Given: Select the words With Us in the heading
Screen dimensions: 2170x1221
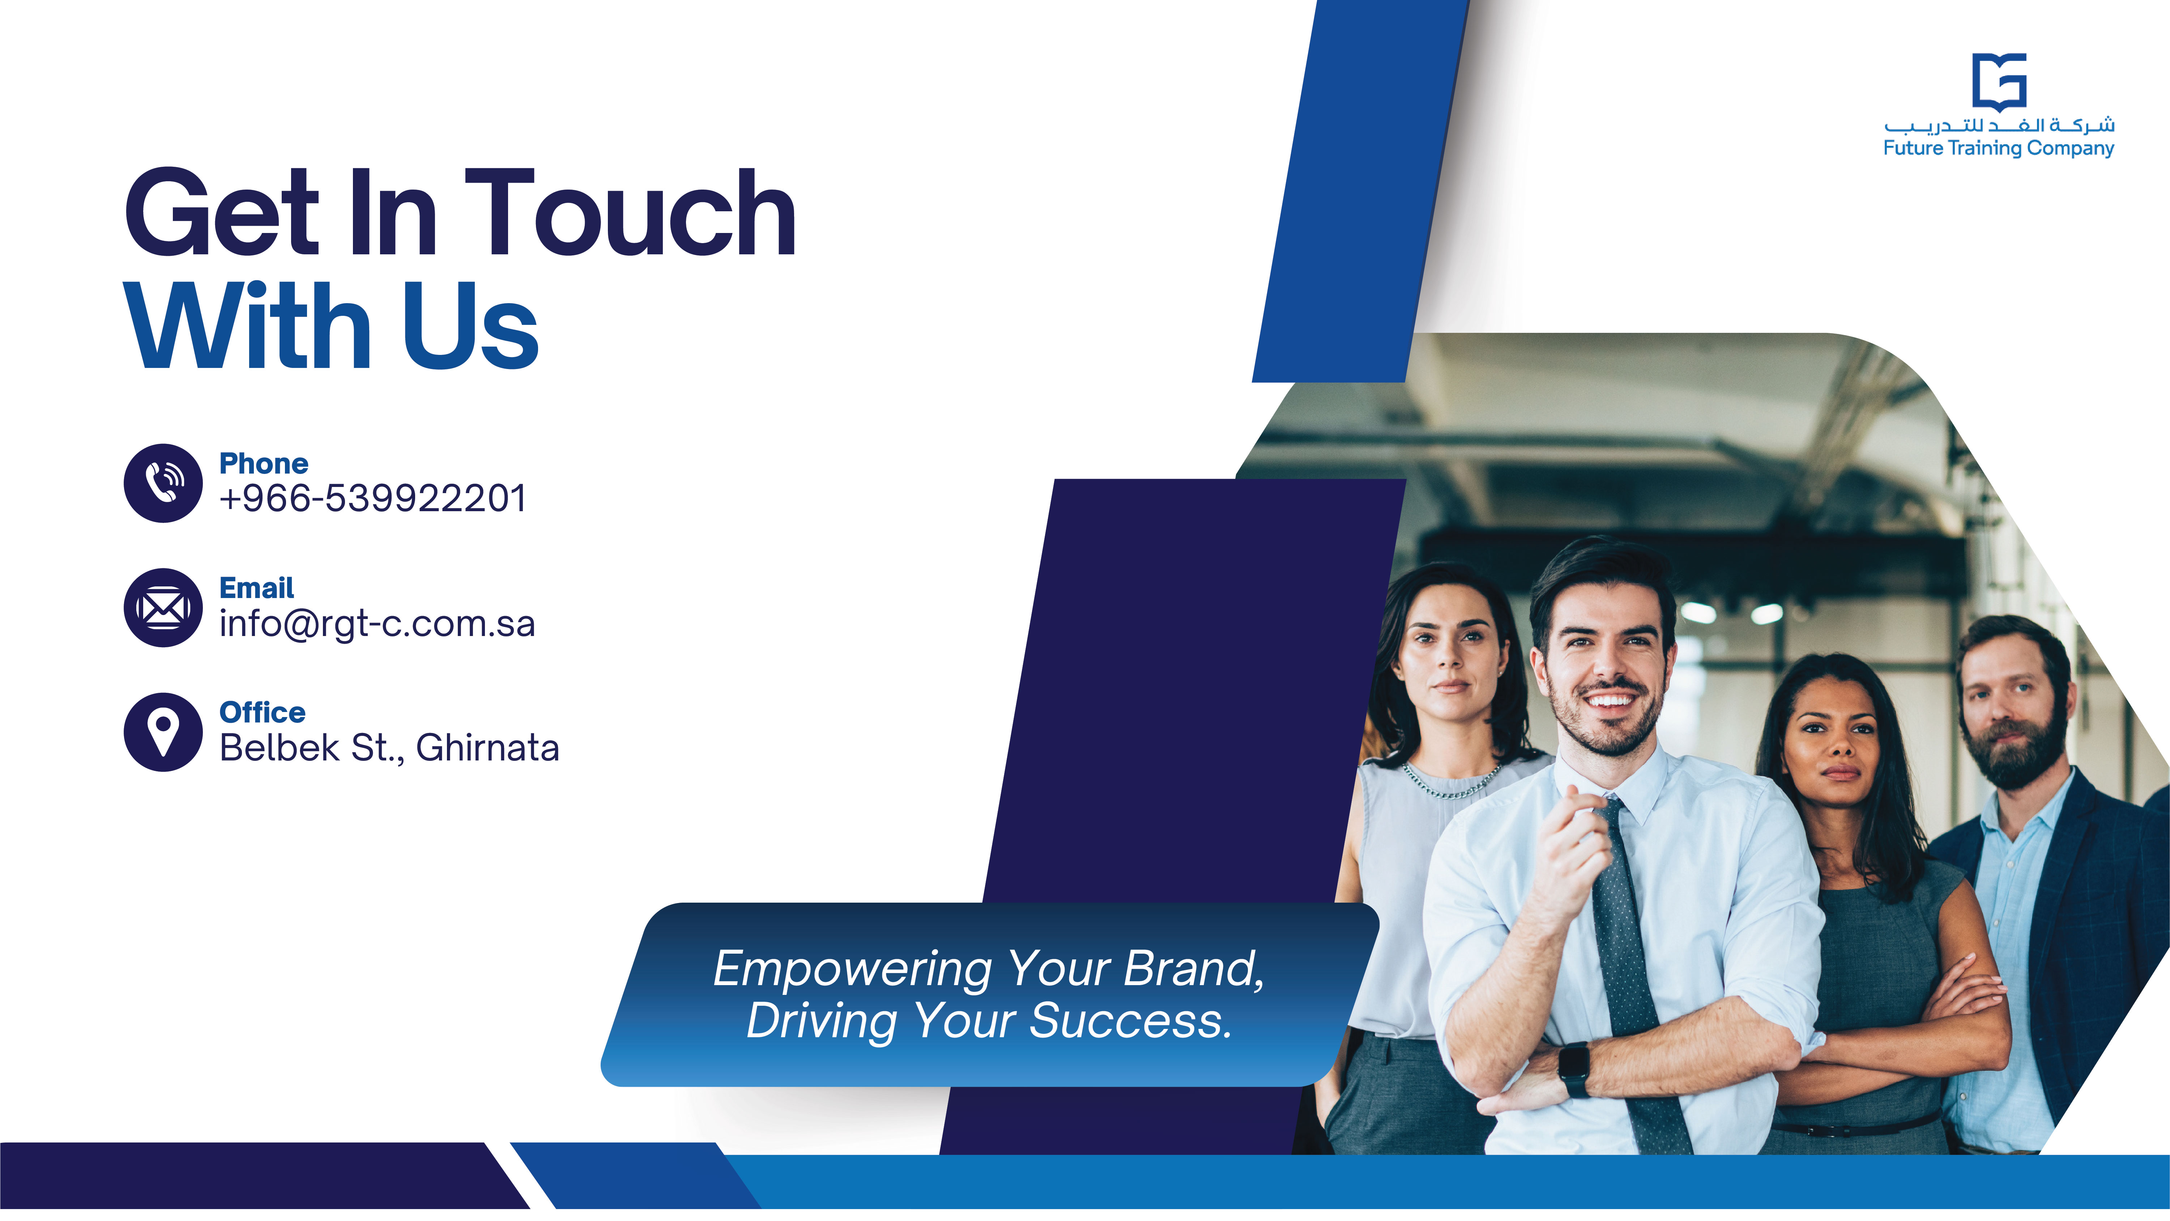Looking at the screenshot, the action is click(331, 326).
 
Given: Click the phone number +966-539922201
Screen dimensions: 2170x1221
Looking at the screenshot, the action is click(372, 498).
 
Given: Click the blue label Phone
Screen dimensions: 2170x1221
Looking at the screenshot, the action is click(264, 463).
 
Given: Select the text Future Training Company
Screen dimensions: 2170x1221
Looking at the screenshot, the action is click(1998, 148).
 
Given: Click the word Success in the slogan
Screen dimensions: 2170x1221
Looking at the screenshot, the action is click(1130, 1021).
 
